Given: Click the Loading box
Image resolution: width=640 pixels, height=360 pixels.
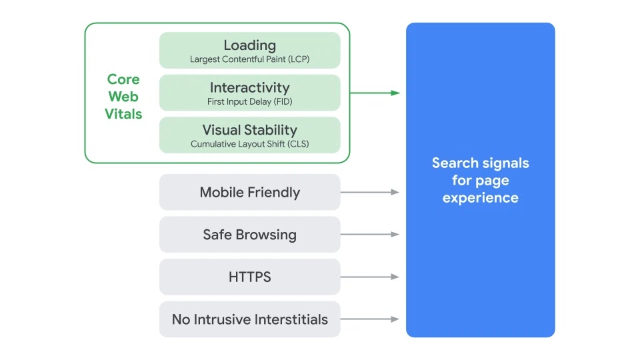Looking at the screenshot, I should click(249, 50).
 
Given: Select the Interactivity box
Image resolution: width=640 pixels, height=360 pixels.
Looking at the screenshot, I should click(249, 93).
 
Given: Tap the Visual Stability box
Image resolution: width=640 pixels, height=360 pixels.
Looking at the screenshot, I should click(249, 135).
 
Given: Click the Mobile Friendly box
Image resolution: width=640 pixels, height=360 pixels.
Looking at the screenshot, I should click(249, 193).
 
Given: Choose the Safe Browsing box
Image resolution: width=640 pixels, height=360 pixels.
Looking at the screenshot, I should click(249, 235).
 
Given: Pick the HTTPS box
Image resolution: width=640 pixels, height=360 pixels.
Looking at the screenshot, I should click(249, 277).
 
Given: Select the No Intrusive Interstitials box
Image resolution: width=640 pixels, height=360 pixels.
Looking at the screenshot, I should click(249, 319).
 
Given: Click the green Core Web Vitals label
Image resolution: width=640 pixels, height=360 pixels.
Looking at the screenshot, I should click(123, 97).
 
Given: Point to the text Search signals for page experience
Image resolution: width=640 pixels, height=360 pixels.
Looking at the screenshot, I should click(480, 180).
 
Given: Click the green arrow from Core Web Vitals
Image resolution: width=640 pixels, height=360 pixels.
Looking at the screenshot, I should click(375, 93).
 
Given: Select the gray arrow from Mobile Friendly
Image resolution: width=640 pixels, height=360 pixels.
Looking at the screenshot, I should click(370, 192).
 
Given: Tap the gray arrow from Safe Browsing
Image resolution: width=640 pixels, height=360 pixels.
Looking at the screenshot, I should click(370, 235).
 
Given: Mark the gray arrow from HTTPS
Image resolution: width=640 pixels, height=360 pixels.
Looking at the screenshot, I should click(370, 277).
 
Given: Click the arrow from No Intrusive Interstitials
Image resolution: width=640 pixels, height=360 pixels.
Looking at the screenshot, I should click(370, 319).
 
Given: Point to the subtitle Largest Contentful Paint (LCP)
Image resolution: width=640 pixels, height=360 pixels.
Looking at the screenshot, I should click(249, 59).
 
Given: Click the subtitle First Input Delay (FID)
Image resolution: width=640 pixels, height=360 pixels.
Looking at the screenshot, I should click(249, 102).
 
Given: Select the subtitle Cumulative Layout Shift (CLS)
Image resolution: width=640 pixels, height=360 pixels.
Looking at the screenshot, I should click(249, 144).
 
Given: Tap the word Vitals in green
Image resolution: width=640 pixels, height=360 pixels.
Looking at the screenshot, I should click(123, 114).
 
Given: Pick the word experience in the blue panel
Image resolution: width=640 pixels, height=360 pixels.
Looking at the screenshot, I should click(480, 197).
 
